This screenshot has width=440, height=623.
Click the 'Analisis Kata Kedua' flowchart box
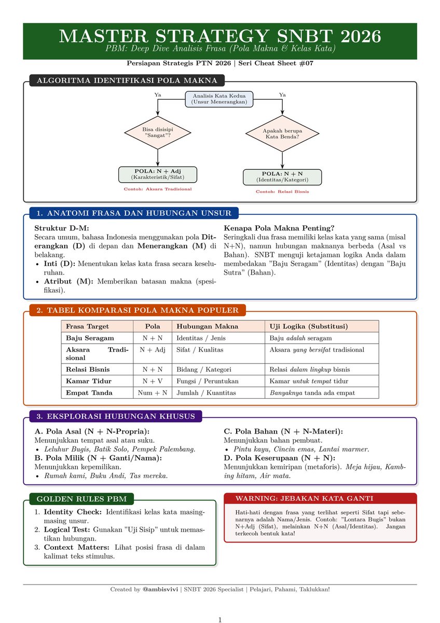click(x=219, y=99)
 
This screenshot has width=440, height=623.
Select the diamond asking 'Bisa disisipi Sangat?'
click(x=157, y=132)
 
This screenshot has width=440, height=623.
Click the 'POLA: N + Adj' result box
click(x=158, y=174)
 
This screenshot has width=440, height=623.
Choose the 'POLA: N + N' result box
click(x=282, y=177)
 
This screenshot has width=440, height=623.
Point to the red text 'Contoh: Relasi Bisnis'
click(x=282, y=192)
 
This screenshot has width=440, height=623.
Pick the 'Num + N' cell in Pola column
click(x=153, y=392)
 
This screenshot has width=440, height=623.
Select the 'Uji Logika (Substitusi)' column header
click(x=308, y=327)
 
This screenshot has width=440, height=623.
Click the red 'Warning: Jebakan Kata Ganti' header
click(x=304, y=498)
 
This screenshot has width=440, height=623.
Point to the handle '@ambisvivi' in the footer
click(x=160, y=589)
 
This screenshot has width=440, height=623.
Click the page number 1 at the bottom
click(x=220, y=619)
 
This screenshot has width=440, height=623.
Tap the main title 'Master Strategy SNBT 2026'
click(x=220, y=36)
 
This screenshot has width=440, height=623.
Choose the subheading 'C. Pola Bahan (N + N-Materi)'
click(x=283, y=431)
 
